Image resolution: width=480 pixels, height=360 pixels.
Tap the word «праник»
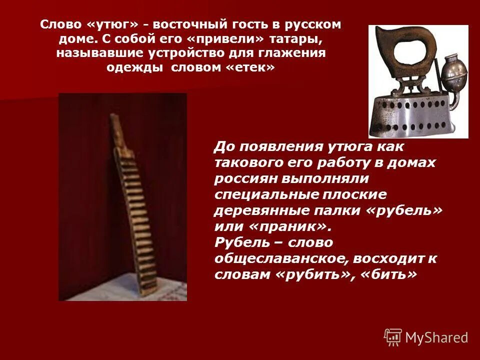pyautogui.click(x=287, y=226)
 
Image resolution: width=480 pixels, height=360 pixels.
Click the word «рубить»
pyautogui.click(x=317, y=274)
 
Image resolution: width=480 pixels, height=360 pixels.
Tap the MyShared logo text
pyautogui.click(x=436, y=337)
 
